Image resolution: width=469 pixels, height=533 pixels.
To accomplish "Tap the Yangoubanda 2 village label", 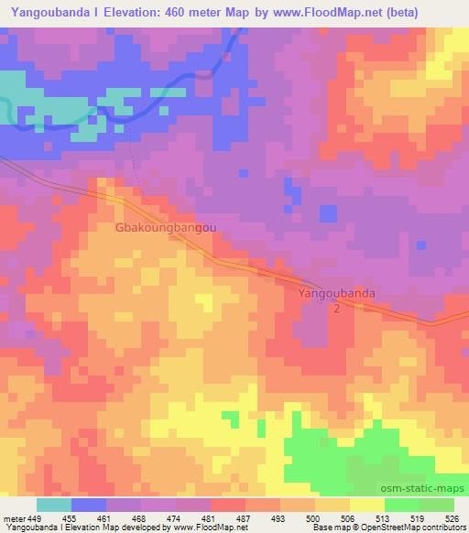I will pos(336,301).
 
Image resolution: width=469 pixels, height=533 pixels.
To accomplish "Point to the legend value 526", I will pos(453,517).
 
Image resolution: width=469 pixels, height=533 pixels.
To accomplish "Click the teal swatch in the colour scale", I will pos(53,505).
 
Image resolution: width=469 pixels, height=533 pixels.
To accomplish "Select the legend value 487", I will pos(243,517).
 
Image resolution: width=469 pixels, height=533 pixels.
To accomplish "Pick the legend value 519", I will pos(417,517).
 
